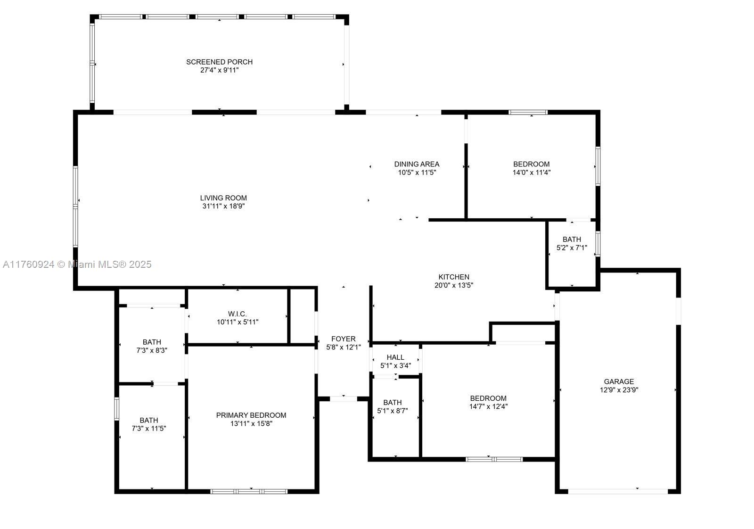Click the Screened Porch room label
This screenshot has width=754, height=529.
219,62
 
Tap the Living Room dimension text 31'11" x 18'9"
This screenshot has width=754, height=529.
223,206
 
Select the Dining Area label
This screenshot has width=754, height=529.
417,164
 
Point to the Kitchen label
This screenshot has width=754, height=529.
453,277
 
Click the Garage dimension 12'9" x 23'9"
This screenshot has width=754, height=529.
619,390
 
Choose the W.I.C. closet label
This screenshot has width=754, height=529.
237,314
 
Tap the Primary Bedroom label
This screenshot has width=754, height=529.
251,415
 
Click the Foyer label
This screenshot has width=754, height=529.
343,339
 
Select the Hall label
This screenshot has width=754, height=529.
395,357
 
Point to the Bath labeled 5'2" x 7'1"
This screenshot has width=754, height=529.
572,240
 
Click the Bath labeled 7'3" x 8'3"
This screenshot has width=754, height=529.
152,342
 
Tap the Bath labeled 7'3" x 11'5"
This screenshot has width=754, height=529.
148,421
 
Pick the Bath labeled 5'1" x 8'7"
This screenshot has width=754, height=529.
392,403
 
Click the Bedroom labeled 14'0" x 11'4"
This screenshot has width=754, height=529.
531,164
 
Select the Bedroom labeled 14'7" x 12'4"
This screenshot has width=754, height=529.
488,398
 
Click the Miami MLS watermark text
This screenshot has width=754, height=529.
77,264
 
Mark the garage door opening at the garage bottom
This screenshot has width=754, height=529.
618,491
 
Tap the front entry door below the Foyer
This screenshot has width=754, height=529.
343,399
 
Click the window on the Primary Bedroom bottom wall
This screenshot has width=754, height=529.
249,491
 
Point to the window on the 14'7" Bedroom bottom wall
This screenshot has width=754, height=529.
494,459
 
